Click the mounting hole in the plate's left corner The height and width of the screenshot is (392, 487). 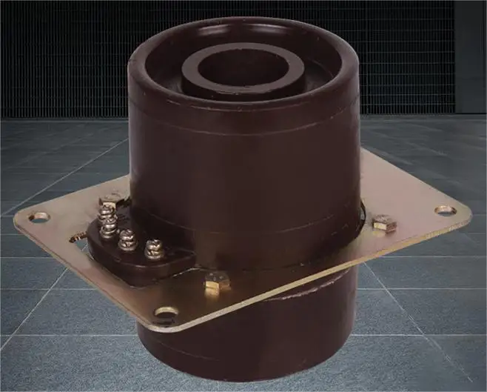pyautogui.click(x=38, y=217)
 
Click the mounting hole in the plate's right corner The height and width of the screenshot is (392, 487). pyautogui.click(x=445, y=210)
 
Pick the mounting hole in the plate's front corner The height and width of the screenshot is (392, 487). pyautogui.click(x=167, y=312)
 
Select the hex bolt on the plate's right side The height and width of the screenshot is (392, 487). pyautogui.click(x=383, y=223)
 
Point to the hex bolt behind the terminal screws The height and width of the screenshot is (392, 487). pyautogui.click(x=112, y=200)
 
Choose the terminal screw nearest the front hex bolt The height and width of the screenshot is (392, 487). pyautogui.click(x=154, y=248)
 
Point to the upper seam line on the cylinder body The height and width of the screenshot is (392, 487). pyautogui.click(x=244, y=134)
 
